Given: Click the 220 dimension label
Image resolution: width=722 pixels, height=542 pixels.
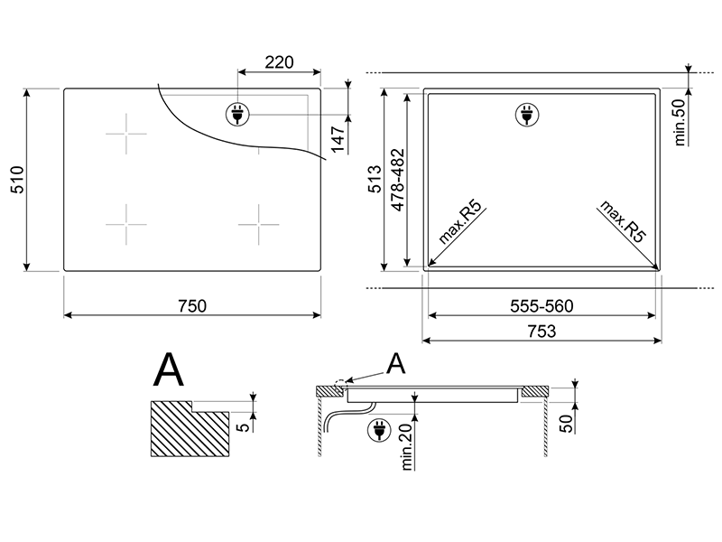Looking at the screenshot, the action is click(x=279, y=62).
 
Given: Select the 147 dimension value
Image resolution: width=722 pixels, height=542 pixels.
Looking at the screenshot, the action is click(x=338, y=138).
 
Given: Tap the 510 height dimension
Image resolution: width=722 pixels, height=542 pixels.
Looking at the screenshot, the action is click(x=17, y=180).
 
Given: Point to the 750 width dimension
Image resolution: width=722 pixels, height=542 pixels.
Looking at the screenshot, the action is click(x=192, y=306).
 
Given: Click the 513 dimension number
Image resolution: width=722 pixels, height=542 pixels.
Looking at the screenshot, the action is click(x=375, y=179).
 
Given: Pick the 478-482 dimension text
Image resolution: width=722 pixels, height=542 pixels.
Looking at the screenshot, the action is click(x=397, y=180).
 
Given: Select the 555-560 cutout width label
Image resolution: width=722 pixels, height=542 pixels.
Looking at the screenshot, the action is click(x=541, y=306).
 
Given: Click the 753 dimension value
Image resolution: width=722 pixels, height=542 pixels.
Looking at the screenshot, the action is click(x=542, y=331).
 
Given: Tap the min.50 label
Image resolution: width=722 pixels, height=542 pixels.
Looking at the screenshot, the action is click(x=680, y=123).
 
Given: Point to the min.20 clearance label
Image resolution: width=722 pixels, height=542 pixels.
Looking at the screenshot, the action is click(x=407, y=447).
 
